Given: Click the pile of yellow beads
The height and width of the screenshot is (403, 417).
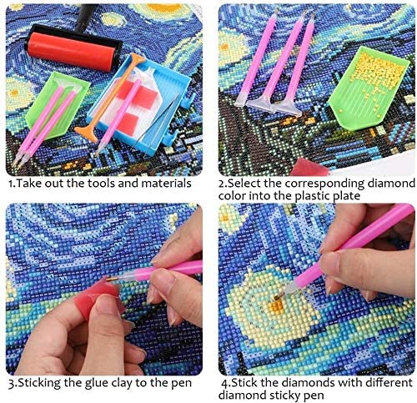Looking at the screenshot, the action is tap(376, 73).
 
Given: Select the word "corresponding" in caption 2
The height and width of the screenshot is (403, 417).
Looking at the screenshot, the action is tap(324, 184).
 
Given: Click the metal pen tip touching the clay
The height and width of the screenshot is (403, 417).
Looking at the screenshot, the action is tap(113, 278).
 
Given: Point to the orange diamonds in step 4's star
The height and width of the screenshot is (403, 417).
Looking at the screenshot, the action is tap(277, 305).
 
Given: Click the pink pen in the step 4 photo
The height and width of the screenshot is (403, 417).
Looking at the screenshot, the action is tap(348, 250).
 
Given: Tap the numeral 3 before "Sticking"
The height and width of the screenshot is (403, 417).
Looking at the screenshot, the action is tap(11, 384).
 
